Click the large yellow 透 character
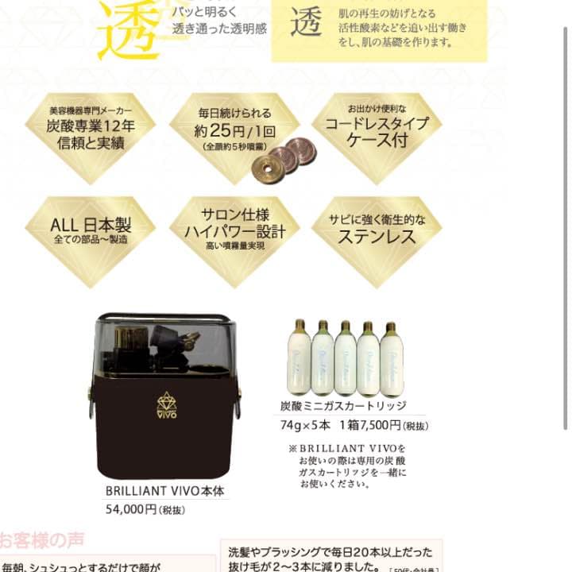click(x=129, y=30)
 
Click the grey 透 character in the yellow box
click(x=305, y=23)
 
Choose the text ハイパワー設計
click(x=234, y=231)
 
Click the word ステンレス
click(x=376, y=236)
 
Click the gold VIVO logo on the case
click(x=166, y=404)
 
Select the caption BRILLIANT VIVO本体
click(x=164, y=491)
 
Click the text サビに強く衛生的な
click(x=376, y=218)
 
